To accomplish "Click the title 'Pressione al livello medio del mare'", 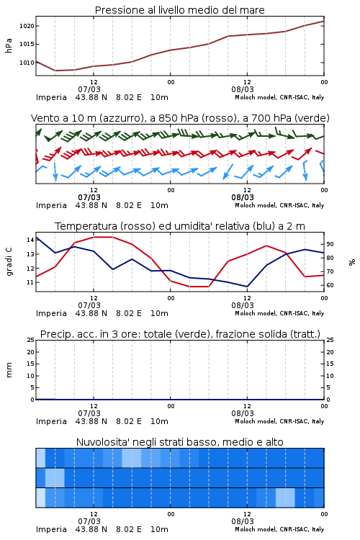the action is click(179, 10).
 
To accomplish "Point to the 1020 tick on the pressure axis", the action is click(27, 26).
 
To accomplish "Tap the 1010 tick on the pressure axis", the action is click(27, 63).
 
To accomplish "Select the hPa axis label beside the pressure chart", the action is click(9, 45).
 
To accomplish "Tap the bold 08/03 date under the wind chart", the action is click(243, 197).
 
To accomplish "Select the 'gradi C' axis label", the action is click(9, 261).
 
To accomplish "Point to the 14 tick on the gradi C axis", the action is click(30, 240).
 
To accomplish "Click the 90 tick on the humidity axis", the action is click(330, 244).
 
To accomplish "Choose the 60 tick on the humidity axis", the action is click(330, 285).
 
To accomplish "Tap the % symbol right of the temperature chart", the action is click(352, 262).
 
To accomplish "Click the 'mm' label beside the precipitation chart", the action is click(9, 369).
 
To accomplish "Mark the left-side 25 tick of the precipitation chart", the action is click(30, 340).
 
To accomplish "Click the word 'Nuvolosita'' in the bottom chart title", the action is click(99, 442).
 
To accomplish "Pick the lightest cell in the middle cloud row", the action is click(55, 477).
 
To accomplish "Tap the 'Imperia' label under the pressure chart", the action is click(51, 97).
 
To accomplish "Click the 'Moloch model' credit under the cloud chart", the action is click(256, 529).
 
